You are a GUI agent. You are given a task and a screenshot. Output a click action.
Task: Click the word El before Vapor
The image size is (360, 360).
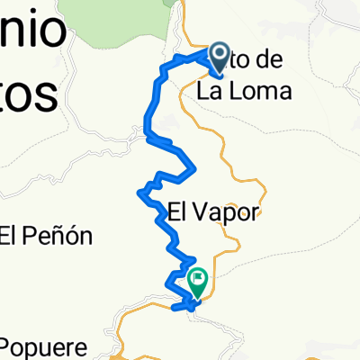[178, 212]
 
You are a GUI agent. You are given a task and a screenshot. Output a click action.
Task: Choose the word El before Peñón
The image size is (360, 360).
[9, 238]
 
